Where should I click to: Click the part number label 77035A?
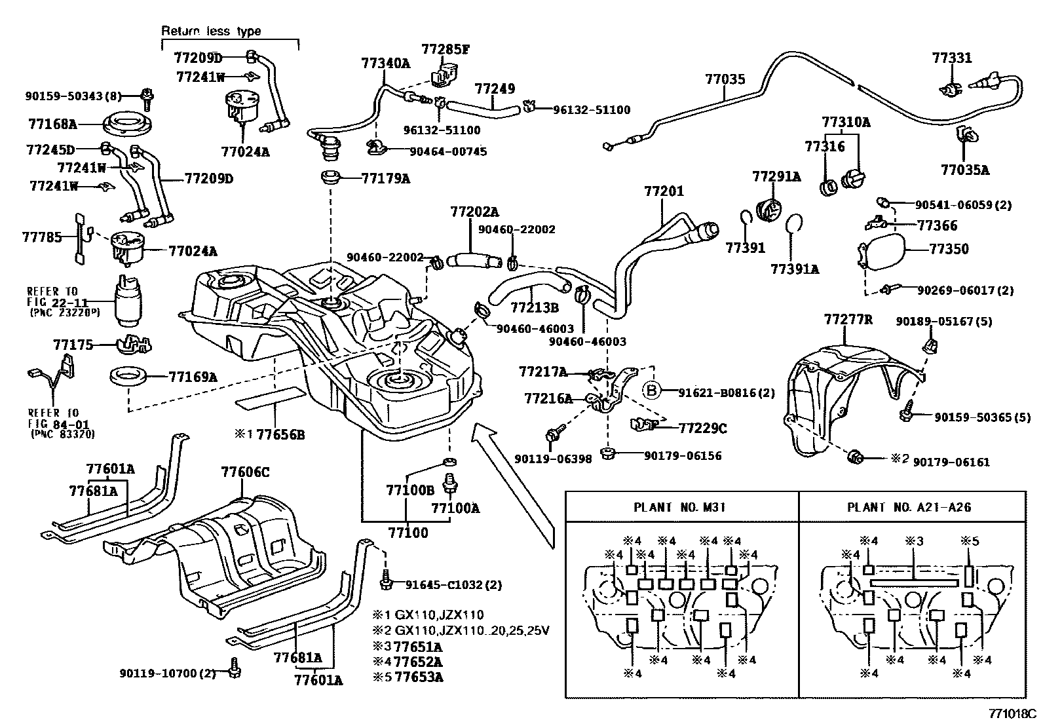(x=964, y=170)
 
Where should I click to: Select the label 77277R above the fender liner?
(x=848, y=319)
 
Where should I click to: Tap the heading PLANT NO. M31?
(x=679, y=507)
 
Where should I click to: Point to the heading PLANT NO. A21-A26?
(x=909, y=507)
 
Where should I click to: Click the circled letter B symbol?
(x=651, y=391)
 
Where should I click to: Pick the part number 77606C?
(x=245, y=472)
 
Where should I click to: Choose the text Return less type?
(x=211, y=31)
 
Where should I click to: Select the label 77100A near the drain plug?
(x=455, y=508)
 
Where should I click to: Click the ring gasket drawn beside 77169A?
(x=128, y=378)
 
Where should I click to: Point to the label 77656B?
(x=280, y=434)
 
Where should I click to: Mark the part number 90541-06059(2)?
(x=962, y=204)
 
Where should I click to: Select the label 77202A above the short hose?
(x=474, y=212)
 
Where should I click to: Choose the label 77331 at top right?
(x=952, y=58)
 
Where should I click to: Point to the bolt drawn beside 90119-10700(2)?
(x=235, y=667)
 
